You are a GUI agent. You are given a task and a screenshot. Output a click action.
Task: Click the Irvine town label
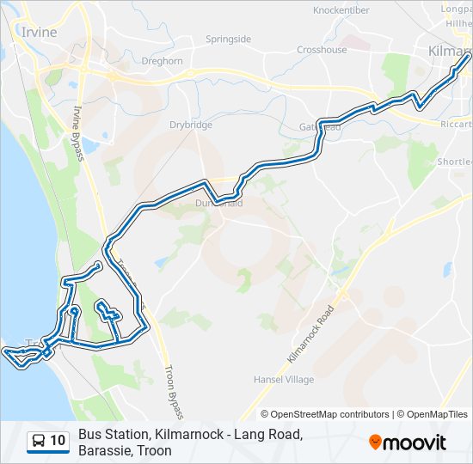tap(38, 32)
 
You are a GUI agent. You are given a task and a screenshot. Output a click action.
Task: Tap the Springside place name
tap(228, 40)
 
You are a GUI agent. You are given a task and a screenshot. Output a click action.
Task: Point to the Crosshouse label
tap(322, 50)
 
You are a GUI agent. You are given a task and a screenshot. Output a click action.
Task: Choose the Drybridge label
tap(191, 125)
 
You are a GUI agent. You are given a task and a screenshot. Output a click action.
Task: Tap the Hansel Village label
tap(283, 379)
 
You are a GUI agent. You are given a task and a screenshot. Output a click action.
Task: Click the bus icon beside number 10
tap(39, 441)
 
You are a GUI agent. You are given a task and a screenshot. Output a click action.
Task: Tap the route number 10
tap(58, 441)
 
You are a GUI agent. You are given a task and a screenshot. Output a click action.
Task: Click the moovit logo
tap(408, 443)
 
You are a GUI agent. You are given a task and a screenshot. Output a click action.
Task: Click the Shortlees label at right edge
tap(453, 162)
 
